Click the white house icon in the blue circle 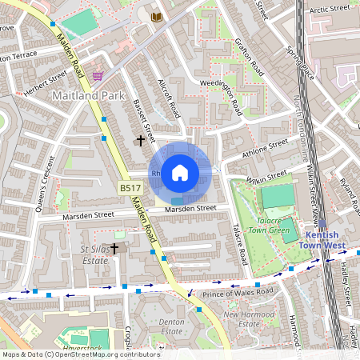pos(180,172)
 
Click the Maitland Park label pos(86,96)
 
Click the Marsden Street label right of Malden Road pos(190,209)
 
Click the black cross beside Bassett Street pos(142,141)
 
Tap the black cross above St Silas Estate pos(114,248)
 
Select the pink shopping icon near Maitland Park pos(98,76)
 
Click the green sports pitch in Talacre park pos(277,197)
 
